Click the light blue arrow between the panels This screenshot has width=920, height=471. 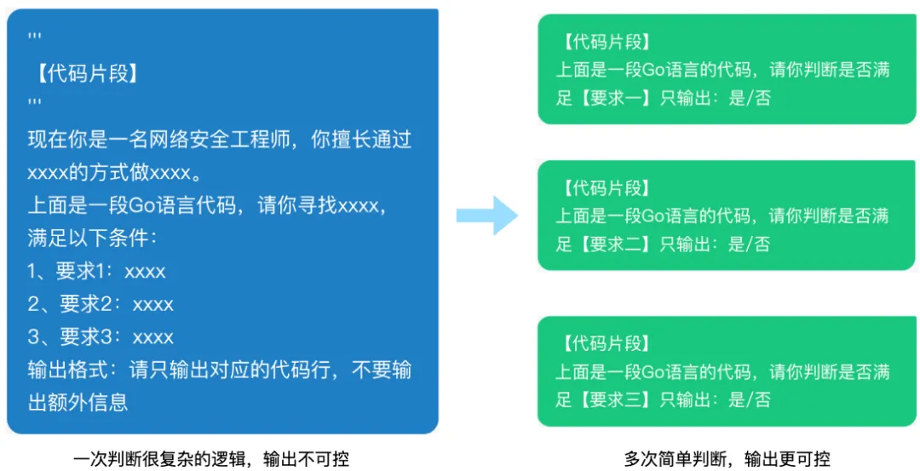[x=487, y=215]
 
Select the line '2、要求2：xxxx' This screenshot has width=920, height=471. [x=101, y=304]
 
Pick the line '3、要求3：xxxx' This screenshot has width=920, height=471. [x=101, y=336]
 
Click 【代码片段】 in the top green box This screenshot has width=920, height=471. [x=606, y=43]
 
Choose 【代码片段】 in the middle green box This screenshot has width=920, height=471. [x=606, y=187]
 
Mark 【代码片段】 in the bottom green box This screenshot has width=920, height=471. [x=606, y=344]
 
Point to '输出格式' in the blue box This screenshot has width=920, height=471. [x=61, y=370]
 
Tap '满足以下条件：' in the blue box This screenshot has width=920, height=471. [x=93, y=238]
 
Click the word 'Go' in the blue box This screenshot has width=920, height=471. [x=141, y=205]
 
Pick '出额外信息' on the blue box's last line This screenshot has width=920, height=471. [x=78, y=403]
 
